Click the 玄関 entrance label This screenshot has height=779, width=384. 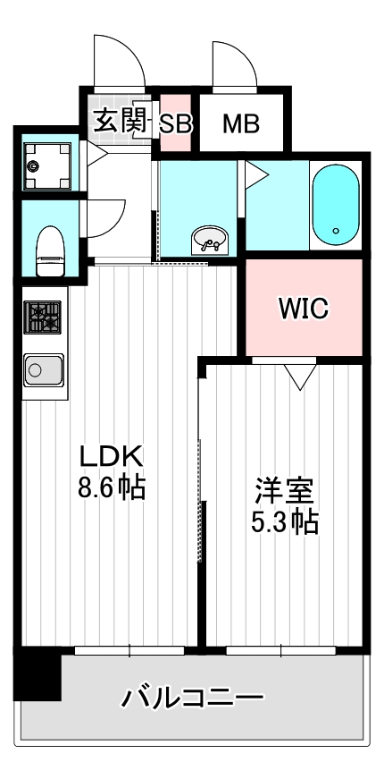tap(119, 122)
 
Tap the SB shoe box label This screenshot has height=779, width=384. tap(175, 123)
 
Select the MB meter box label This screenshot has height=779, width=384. tap(240, 123)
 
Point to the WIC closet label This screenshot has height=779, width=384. tap(304, 309)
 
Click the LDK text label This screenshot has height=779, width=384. tap(111, 456)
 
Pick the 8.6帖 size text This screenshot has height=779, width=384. tap(111, 488)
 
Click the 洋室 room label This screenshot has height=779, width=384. tap(284, 490)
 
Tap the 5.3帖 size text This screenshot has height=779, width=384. tap(284, 521)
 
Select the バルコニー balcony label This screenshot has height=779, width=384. tap(193, 697)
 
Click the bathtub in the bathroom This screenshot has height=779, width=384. tap(336, 205)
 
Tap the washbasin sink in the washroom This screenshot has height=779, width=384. tap(211, 240)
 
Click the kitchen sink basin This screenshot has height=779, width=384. tap(41, 368)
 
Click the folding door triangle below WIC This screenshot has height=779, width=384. tap(300, 377)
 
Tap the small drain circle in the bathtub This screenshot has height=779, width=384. tap(336, 232)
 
